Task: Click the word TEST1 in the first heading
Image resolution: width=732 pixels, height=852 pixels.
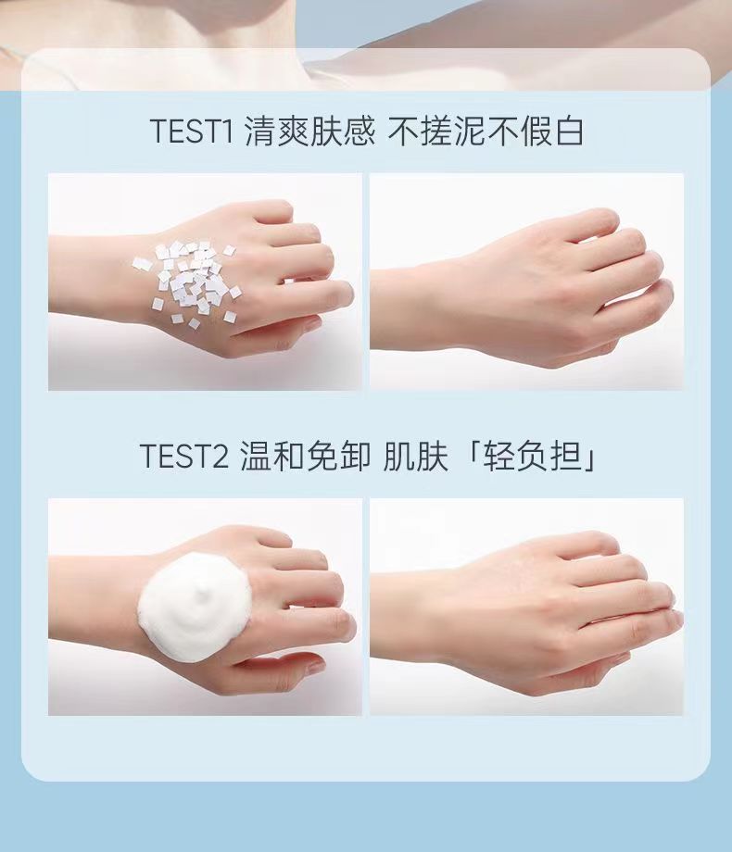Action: pos(192,132)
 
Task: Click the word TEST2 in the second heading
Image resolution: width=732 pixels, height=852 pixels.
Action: pos(184,456)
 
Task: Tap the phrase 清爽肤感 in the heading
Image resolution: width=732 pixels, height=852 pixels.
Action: pos(309,132)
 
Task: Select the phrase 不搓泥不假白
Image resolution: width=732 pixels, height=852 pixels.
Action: pos(486,132)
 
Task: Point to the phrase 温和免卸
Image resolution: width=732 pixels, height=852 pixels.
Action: pos(306,456)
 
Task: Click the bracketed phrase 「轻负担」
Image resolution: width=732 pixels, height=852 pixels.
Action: pos(532,456)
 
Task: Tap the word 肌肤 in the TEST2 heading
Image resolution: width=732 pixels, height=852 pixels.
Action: pos(416,456)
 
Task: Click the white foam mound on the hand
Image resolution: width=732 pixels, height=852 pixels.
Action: pos(195,607)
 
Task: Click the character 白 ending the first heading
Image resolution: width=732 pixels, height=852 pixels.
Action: pos(568,132)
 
